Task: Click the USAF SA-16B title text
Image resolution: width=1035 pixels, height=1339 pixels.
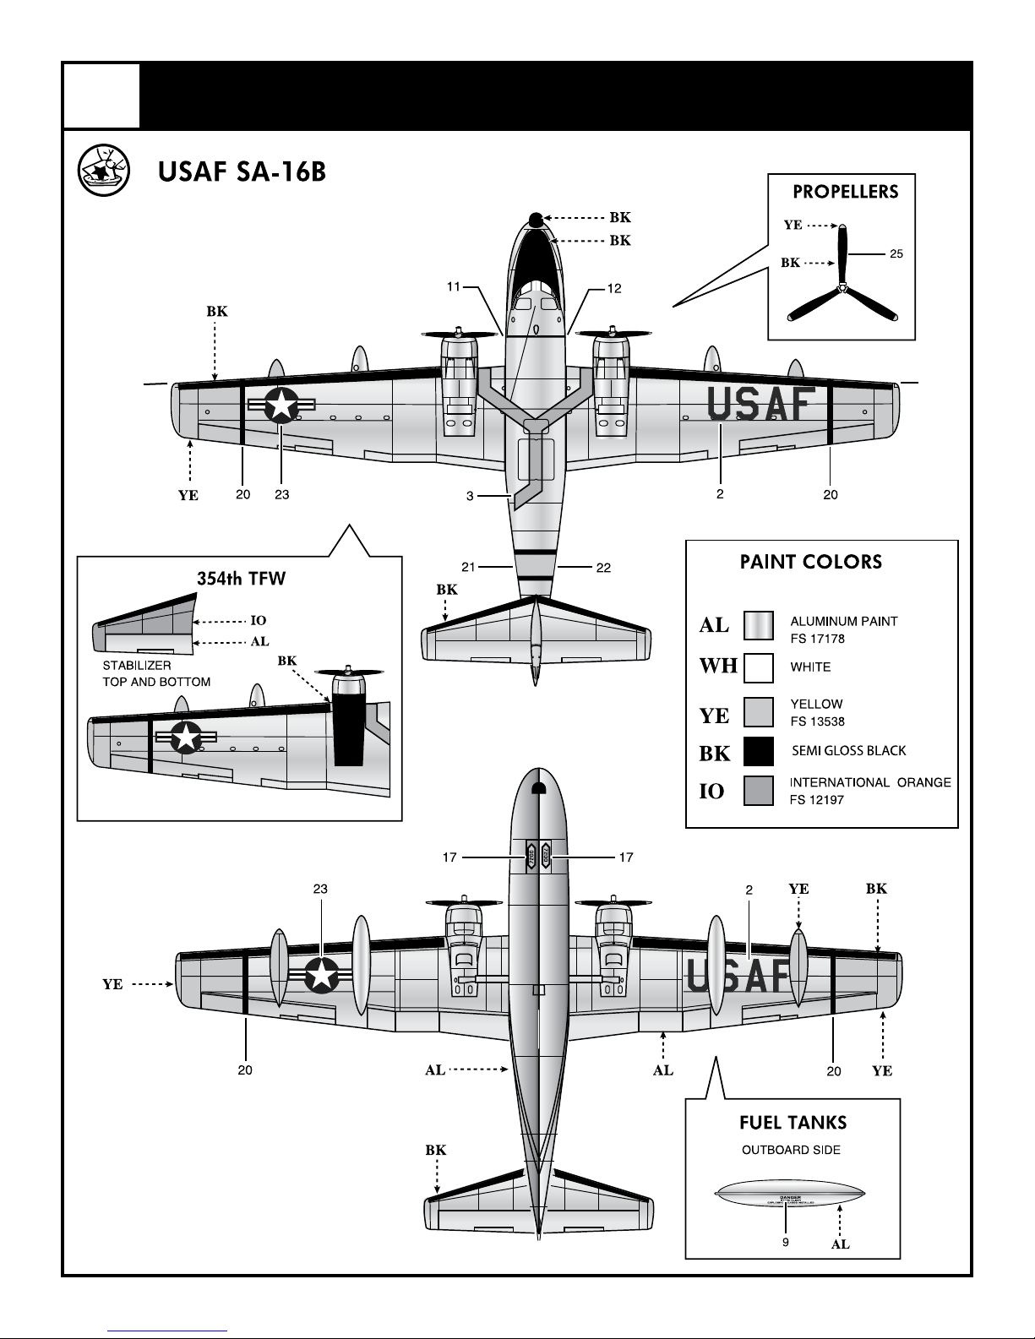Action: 241,172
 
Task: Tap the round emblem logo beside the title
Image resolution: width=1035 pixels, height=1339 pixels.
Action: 102,170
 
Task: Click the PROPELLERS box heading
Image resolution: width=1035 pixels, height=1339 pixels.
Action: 845,192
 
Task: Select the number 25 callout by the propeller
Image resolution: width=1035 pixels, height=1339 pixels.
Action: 896,253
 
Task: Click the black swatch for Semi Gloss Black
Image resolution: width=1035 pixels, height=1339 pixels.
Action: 758,751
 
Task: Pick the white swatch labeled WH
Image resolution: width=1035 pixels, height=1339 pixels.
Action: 758,667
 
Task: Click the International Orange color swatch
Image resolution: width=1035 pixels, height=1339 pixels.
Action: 758,791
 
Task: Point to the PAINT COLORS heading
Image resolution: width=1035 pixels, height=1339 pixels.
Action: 810,562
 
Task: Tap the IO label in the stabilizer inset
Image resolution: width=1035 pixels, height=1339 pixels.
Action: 259,621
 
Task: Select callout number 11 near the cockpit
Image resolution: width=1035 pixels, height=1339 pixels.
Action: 454,288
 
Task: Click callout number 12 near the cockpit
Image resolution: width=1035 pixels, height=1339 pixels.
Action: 614,288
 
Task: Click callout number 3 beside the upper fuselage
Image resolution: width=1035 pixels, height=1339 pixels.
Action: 470,497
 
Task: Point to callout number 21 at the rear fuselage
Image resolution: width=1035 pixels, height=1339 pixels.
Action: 468,567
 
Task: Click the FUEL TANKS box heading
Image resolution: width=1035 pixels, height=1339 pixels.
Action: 793,1123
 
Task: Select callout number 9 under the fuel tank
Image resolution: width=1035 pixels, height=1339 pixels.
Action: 785,1243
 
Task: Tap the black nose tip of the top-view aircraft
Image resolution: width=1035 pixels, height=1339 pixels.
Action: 535,220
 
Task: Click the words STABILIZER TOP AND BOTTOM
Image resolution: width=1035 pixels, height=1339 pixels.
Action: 156,673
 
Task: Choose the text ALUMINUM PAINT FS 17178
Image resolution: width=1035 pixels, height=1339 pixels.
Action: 843,629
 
